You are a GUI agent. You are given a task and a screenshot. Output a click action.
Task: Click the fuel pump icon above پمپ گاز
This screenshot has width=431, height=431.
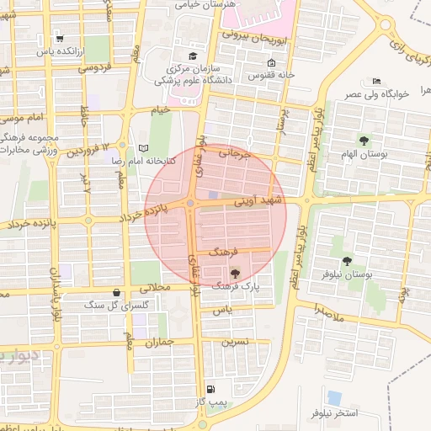tap(210, 389)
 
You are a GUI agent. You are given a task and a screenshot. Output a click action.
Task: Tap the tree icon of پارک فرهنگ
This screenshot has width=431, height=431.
tap(234, 272)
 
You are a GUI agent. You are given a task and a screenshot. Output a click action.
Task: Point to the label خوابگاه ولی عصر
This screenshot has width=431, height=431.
tap(375, 94)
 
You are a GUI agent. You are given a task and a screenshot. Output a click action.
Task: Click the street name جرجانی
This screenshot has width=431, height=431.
tap(236, 155)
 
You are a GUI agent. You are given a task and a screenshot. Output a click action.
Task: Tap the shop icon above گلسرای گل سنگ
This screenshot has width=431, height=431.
tap(115, 292)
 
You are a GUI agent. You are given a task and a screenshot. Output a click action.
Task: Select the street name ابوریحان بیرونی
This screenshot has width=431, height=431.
tap(256, 38)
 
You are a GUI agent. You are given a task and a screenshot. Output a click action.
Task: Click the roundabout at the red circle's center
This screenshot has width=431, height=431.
tap(193, 204)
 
